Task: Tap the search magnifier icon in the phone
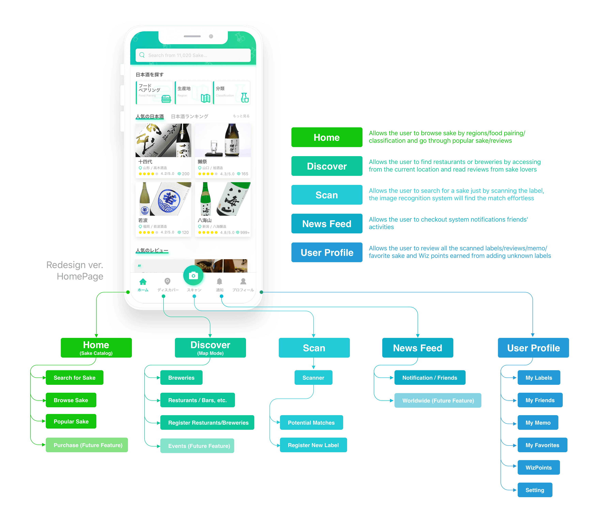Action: point(142,55)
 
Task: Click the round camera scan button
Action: point(193,276)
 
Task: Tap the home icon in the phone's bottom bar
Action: point(143,282)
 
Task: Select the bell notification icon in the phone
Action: point(220,281)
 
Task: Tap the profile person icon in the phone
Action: point(243,281)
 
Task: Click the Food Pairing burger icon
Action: point(166,99)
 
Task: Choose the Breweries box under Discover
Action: point(181,378)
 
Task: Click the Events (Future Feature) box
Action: point(197,446)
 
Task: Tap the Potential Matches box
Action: point(311,423)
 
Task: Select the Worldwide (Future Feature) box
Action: point(438,401)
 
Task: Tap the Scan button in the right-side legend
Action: point(327,195)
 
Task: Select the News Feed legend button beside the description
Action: point(327,224)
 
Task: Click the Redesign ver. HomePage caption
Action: point(75,271)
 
